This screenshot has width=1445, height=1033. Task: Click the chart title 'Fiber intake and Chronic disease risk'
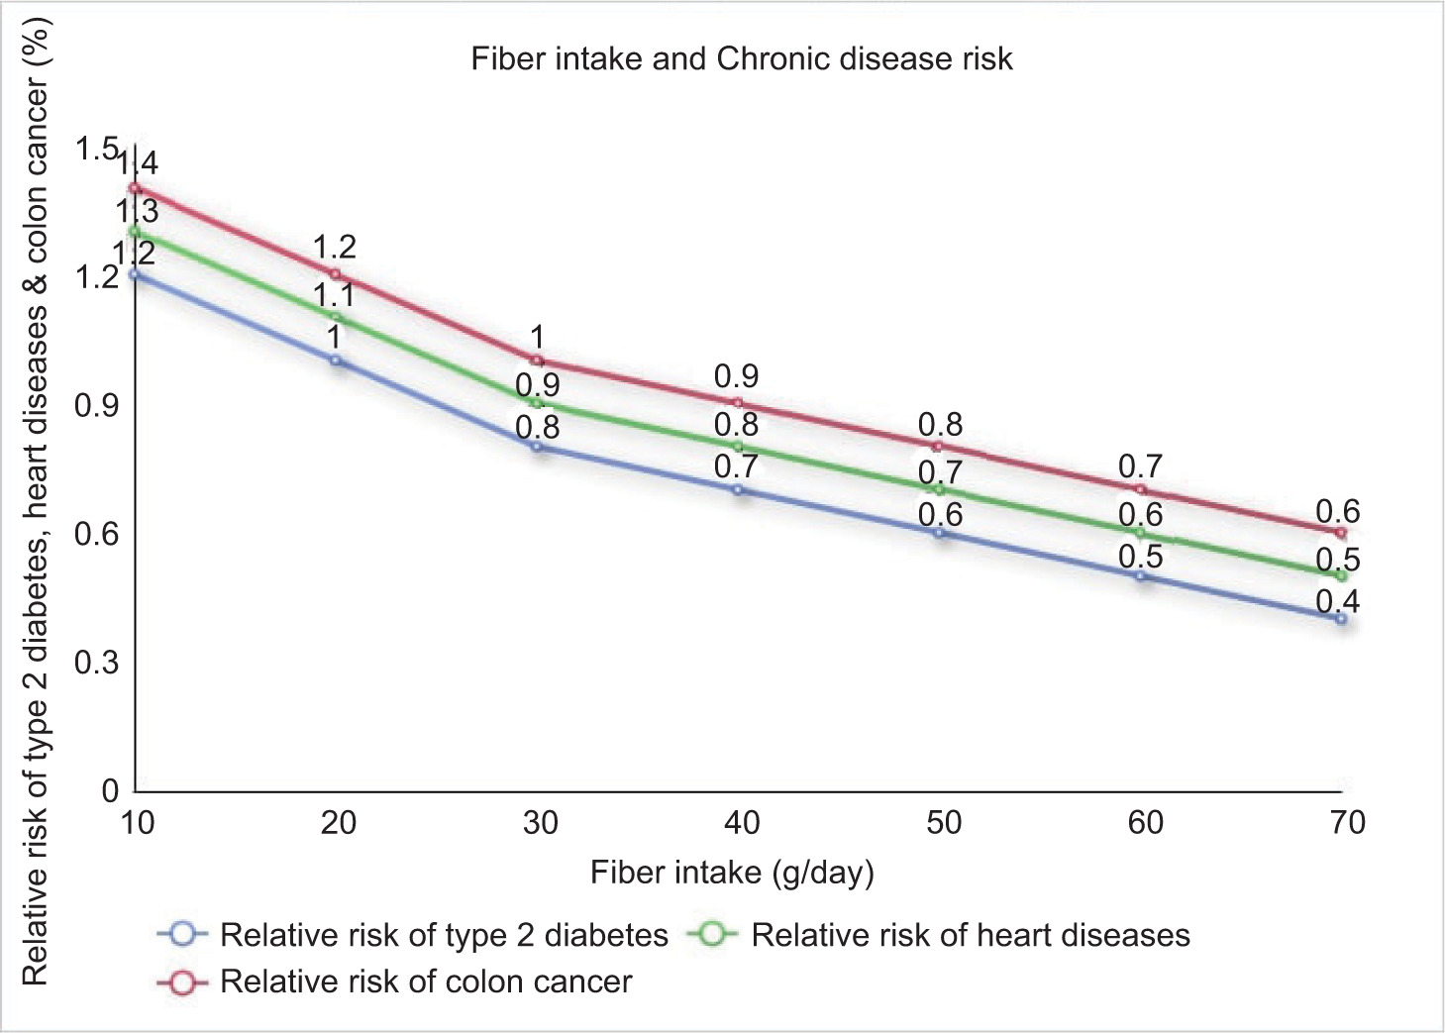[x=742, y=59]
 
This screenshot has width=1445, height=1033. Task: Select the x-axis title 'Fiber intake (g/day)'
[x=732, y=873]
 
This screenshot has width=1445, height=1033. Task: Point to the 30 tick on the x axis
[x=541, y=822]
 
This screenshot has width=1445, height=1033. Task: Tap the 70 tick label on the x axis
[x=1347, y=822]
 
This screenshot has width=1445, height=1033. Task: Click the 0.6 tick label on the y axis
[x=96, y=534]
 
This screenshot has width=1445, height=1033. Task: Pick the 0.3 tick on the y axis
[x=96, y=662]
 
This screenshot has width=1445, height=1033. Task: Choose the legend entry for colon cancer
[x=395, y=981]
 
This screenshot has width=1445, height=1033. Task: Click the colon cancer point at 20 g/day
[x=335, y=274]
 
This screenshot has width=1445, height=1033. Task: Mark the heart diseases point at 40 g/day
[x=738, y=447]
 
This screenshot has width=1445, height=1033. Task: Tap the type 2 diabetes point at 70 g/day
[x=1341, y=619]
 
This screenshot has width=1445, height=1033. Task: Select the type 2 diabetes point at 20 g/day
[x=336, y=361]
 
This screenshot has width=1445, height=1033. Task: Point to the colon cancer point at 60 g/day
[x=1140, y=489]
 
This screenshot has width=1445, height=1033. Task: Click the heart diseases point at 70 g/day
[x=1341, y=575]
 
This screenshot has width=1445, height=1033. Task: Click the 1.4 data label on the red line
[x=138, y=163]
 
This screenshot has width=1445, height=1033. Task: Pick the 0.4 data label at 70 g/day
[x=1337, y=601]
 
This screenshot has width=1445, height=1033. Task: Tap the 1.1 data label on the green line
[x=334, y=295]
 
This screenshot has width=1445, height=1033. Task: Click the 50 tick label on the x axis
[x=944, y=822]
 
